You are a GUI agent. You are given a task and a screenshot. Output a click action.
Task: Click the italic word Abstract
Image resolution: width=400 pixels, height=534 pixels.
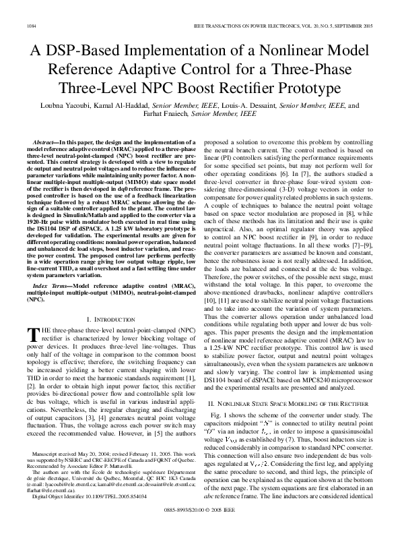point(45,143)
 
